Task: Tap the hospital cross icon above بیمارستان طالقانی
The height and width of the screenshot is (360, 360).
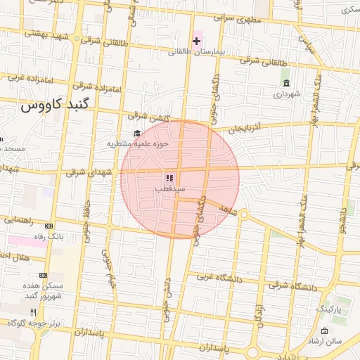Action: click(x=196, y=41)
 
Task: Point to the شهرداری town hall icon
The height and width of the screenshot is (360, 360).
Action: click(x=286, y=84)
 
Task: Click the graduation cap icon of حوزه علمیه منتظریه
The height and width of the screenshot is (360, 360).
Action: click(x=136, y=134)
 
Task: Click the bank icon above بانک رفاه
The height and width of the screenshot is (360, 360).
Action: click(x=49, y=226)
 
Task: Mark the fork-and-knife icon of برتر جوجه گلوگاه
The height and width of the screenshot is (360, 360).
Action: click(x=32, y=311)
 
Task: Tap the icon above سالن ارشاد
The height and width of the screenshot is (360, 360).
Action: click(x=324, y=331)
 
